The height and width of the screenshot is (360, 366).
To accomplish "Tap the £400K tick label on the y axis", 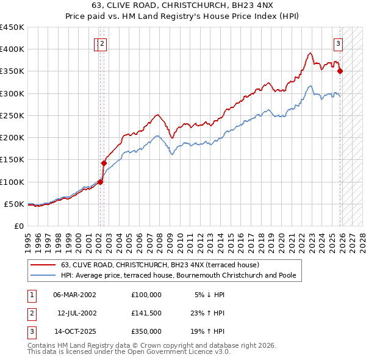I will pyautogui.click(x=12, y=49).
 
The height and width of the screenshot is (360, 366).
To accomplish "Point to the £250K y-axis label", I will pyautogui.click(x=12, y=115).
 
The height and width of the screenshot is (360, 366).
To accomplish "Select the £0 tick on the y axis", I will pyautogui.click(x=18, y=226).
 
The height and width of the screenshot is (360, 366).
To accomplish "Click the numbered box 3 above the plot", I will pyautogui.click(x=338, y=43).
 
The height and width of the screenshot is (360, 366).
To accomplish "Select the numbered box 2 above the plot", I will pyautogui.click(x=102, y=43).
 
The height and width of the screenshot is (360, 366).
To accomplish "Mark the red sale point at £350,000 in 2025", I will pyautogui.click(x=340, y=71).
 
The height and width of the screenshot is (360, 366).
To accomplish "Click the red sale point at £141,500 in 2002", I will pyautogui.click(x=104, y=163).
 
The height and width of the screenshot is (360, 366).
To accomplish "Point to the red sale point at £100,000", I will pyautogui.click(x=100, y=181).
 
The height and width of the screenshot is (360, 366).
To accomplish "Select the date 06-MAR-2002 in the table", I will pyautogui.click(x=74, y=295).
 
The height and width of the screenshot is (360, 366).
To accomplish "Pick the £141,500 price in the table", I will pyautogui.click(x=146, y=313).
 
